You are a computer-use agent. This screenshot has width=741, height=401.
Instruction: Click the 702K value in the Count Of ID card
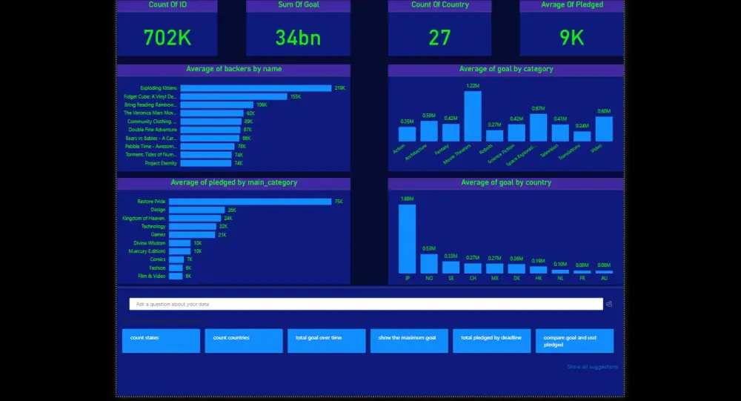pyautogui.click(x=167, y=37)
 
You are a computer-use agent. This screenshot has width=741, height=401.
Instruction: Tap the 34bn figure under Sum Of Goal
pyautogui.click(x=298, y=37)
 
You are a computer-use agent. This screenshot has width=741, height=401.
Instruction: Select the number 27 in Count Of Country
pyautogui.click(x=439, y=37)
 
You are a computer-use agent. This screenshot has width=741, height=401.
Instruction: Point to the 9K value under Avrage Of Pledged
pyautogui.click(x=571, y=37)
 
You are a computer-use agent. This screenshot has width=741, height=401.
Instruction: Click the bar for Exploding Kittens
pyautogui.click(x=256, y=88)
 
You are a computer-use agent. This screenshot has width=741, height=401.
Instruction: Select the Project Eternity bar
pyautogui.click(x=207, y=163)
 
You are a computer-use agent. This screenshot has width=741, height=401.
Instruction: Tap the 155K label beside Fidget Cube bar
pyautogui.click(x=296, y=96)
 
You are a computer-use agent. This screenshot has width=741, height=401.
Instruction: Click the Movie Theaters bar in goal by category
pyautogui.click(x=473, y=116)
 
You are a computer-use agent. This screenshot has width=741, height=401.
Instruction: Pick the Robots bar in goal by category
pyautogui.click(x=494, y=136)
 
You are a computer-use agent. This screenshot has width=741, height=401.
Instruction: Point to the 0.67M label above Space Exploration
pyautogui.click(x=538, y=109)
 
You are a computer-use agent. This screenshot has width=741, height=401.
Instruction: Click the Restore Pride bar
pyautogui.click(x=250, y=202)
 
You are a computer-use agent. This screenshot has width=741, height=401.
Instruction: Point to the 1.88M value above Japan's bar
pyautogui.click(x=407, y=199)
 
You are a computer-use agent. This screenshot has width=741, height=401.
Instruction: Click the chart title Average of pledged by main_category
pyautogui.click(x=233, y=183)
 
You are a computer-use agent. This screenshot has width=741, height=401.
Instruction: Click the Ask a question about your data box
pyautogui.click(x=366, y=304)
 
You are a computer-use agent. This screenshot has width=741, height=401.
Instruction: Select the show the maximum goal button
pyautogui.click(x=409, y=341)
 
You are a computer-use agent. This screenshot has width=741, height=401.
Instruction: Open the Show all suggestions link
pyautogui.click(x=592, y=367)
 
